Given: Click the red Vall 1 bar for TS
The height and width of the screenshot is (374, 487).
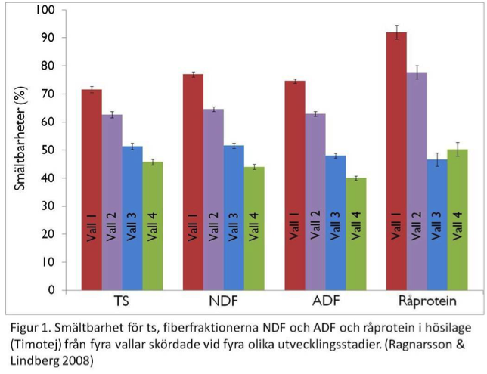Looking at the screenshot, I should pyautogui.click(x=92, y=189).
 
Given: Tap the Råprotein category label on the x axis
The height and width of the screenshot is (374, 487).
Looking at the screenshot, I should pyautogui.click(x=426, y=302).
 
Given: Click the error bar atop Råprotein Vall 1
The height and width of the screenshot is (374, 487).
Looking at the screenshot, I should pyautogui.click(x=395, y=32).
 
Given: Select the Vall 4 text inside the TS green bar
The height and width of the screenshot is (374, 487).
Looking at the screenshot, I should pyautogui.click(x=152, y=227).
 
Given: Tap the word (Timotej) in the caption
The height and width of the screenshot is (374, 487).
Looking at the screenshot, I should pyautogui.click(x=38, y=345).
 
